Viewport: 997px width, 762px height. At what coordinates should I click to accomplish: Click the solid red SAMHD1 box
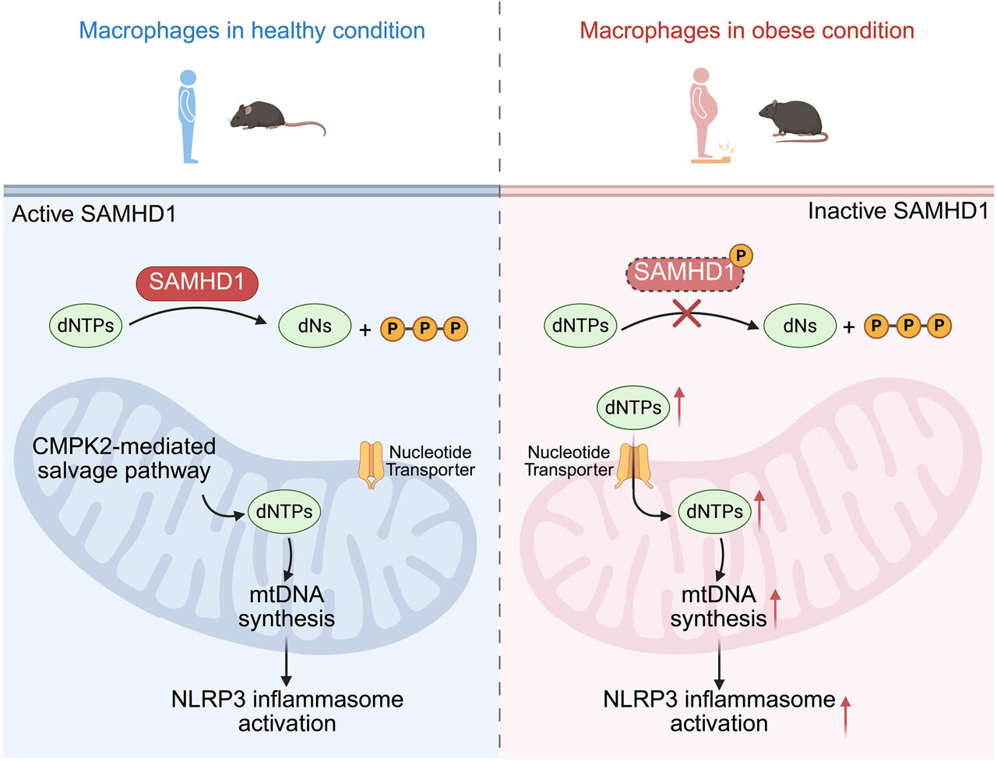(197, 282)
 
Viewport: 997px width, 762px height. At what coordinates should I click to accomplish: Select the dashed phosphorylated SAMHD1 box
(685, 273)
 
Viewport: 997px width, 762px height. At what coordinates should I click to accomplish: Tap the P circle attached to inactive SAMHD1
(741, 255)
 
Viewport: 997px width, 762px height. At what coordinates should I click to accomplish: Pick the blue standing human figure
(188, 116)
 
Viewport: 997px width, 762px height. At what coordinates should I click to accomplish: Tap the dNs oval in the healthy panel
(315, 326)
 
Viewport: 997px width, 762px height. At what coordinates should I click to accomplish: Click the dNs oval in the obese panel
(800, 326)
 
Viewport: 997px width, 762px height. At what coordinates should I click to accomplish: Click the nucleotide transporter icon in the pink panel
(632, 466)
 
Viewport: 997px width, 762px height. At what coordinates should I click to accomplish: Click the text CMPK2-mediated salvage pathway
(124, 459)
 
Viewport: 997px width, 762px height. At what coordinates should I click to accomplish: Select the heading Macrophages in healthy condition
(252, 30)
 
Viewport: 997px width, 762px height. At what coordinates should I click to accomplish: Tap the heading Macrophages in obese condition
(746, 30)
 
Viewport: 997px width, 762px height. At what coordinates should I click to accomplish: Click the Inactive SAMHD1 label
(897, 211)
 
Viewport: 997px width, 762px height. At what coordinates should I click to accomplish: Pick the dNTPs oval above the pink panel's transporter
(632, 407)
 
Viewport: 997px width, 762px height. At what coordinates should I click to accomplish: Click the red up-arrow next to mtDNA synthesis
(775, 608)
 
